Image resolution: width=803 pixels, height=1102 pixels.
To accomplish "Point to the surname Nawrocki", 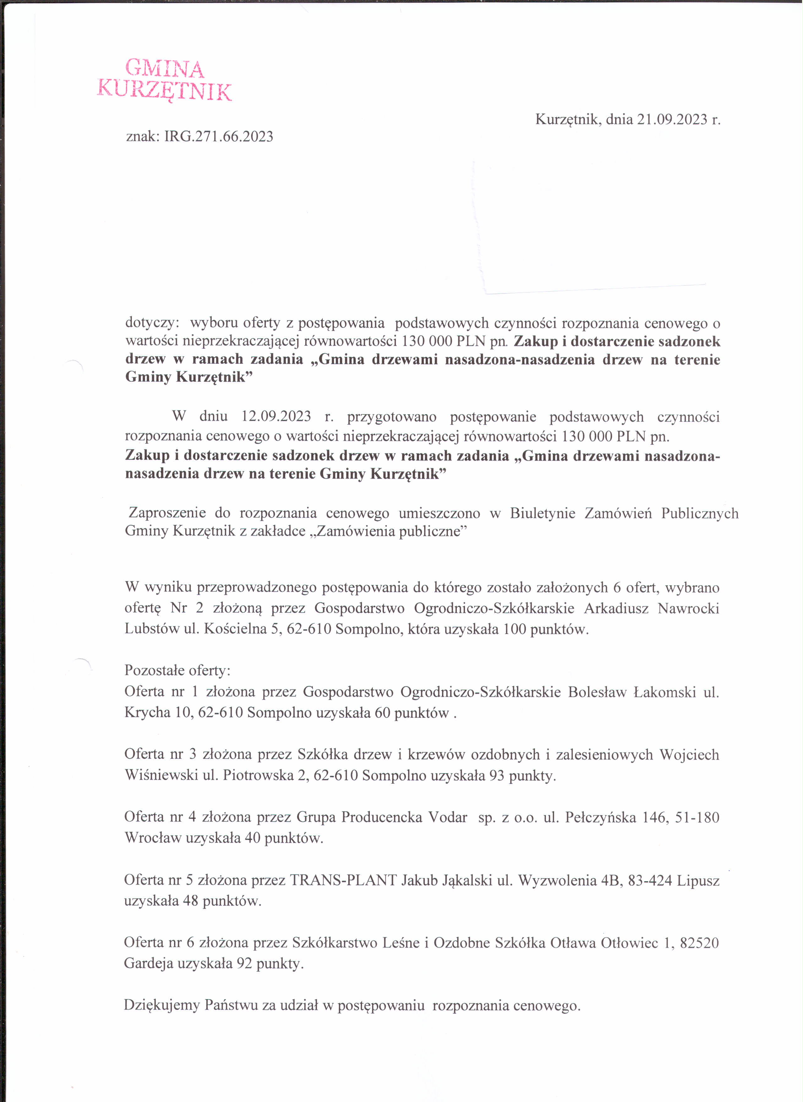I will (688, 608).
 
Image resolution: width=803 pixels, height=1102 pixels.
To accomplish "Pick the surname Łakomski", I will (665, 692).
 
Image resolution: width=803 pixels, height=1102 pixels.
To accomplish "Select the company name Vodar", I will (447, 817).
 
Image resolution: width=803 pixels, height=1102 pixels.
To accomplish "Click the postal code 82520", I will (699, 943).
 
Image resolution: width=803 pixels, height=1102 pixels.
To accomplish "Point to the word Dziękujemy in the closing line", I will (162, 1005).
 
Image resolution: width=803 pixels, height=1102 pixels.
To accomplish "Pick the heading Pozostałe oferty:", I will (178, 671).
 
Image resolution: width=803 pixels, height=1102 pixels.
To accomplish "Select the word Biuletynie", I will (542, 514).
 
